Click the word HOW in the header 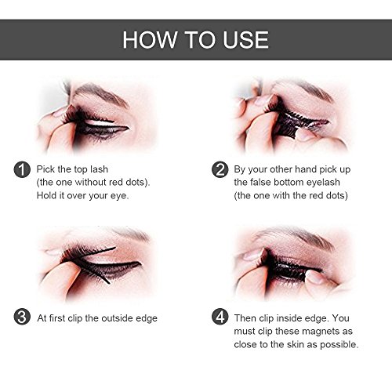tap(150, 40)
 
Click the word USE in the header tap(245, 40)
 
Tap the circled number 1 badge tap(22, 169)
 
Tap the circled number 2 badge tap(220, 169)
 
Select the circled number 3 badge tap(22, 317)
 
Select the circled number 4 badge tap(220, 317)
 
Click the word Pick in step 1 tap(45, 169)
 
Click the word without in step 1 tap(91, 182)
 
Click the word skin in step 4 tap(296, 344)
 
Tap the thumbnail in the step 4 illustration tap(314, 277)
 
